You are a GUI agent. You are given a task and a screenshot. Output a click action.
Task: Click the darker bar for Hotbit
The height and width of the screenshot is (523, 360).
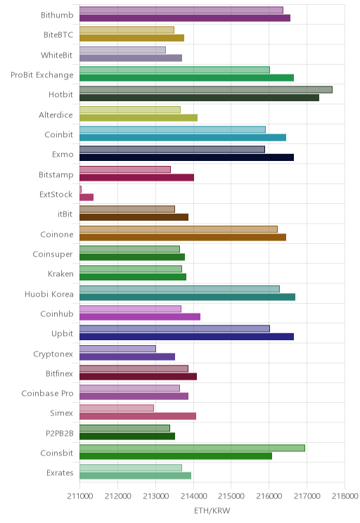(x=199, y=98)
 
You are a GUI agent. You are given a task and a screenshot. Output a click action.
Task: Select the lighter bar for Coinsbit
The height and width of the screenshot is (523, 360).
(x=192, y=448)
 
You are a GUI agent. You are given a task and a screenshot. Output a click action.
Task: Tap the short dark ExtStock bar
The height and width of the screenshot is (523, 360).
(x=86, y=197)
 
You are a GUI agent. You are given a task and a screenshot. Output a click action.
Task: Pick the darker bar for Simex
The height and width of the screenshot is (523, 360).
(x=138, y=416)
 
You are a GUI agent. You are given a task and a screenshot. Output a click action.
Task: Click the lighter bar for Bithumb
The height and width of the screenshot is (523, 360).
(x=181, y=10)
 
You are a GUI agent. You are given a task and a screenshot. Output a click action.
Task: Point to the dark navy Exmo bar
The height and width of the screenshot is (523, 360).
(x=186, y=157)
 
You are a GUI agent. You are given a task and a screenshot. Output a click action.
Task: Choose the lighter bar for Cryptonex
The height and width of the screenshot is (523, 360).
(x=117, y=349)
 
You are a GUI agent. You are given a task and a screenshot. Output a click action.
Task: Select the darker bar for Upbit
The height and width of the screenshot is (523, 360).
(x=186, y=337)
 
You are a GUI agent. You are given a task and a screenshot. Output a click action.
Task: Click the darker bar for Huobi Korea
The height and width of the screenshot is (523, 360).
(x=187, y=297)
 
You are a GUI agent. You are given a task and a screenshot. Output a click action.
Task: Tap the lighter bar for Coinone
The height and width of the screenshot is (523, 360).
(x=179, y=229)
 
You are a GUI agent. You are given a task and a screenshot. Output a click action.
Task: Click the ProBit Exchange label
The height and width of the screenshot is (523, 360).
(x=42, y=75)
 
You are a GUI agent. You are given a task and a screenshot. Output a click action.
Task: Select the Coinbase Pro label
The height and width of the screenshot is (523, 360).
(x=47, y=394)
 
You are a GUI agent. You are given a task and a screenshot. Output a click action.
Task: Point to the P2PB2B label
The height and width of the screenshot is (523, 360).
(x=59, y=433)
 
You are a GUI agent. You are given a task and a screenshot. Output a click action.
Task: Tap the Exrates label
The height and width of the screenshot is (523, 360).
(x=60, y=473)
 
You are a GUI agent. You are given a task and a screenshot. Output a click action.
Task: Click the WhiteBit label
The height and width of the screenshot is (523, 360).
(x=57, y=55)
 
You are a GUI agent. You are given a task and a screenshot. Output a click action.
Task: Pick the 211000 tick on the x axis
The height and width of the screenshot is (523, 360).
(x=80, y=496)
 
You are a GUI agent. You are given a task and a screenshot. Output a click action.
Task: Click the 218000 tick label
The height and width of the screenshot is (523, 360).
(x=345, y=496)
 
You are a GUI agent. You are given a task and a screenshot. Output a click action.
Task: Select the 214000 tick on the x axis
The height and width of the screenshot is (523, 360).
(x=193, y=496)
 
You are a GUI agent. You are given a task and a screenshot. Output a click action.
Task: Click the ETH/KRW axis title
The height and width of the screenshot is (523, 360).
(x=212, y=510)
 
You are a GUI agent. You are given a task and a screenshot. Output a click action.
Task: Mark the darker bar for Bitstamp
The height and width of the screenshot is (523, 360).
(x=136, y=177)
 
